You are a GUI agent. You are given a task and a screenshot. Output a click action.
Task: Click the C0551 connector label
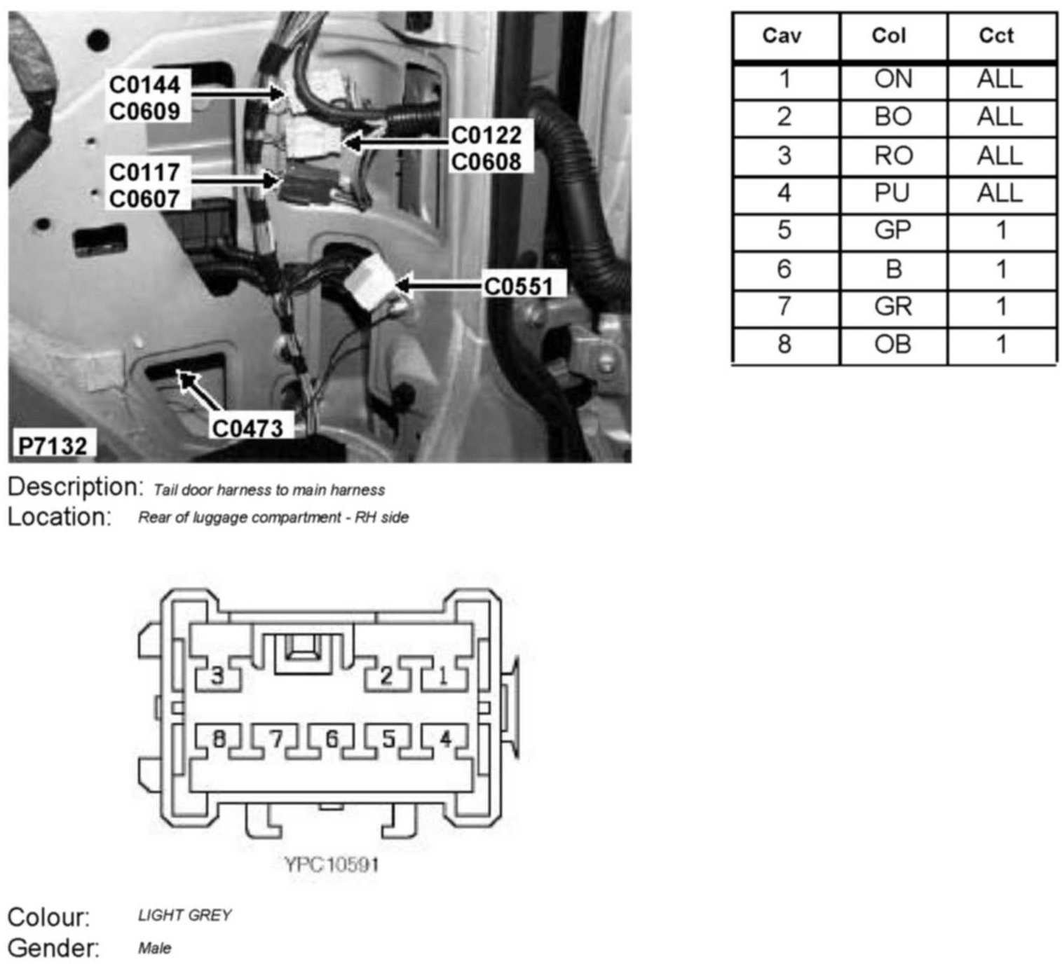[x=518, y=286]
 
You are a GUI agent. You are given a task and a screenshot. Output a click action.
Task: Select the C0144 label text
[x=145, y=85]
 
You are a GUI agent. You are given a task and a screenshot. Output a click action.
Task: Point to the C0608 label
[x=486, y=161]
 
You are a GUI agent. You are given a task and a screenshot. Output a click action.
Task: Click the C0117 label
[x=144, y=172]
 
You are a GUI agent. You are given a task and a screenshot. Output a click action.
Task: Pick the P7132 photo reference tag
[x=52, y=446]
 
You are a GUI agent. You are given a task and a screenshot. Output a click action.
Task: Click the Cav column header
[x=782, y=36]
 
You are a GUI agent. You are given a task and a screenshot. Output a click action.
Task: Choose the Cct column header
[x=996, y=36]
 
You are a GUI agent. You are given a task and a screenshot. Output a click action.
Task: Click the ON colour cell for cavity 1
[x=892, y=79]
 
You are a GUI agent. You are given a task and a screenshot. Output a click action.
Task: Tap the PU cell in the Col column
[x=892, y=193]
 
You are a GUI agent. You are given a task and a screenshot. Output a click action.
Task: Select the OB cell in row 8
[x=892, y=344]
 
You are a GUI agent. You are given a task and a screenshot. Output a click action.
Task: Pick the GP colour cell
[x=892, y=230]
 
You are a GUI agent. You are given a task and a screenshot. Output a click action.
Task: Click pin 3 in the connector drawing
[x=218, y=676]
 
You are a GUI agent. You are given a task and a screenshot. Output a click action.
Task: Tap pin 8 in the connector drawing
[x=219, y=739]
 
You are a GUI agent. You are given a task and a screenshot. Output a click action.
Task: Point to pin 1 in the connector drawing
[x=443, y=676]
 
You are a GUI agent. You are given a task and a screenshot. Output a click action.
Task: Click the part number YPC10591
[x=332, y=865]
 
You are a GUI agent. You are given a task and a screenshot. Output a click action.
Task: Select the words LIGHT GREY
[x=184, y=915]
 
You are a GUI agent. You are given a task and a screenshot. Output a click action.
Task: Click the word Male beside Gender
[x=154, y=949]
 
